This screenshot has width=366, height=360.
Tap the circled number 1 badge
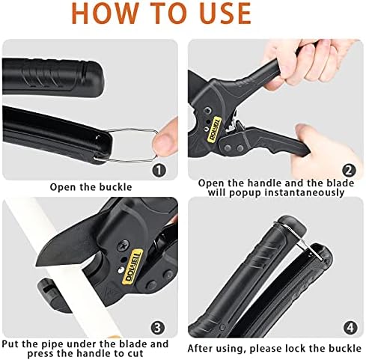[159, 171]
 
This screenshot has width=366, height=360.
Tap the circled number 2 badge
[349, 171]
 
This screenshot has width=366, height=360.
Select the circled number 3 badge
[157, 328]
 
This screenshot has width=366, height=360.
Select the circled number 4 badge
[350, 328]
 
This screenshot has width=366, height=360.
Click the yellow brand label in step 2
[214, 129]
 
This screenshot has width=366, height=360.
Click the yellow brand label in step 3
[133, 266]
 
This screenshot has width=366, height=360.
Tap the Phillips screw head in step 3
[123, 246]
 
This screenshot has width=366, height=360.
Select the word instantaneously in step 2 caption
[305, 192]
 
